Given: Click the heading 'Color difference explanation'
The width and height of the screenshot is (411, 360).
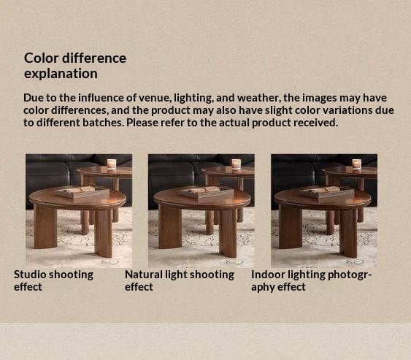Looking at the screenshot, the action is (x=75, y=66).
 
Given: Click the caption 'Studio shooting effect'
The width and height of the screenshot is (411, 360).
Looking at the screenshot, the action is (x=53, y=280).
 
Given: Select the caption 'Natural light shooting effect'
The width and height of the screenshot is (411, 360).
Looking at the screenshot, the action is (x=180, y=280).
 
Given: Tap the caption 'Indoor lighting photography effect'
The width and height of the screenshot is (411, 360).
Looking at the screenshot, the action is (x=312, y=280).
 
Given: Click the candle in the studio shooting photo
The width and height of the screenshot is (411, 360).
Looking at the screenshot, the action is (x=112, y=164).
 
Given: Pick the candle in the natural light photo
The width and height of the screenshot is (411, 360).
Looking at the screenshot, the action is (x=236, y=164).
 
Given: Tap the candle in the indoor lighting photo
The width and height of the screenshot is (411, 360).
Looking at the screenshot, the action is (x=356, y=164).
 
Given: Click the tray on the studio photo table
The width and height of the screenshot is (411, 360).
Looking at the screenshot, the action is (x=82, y=193).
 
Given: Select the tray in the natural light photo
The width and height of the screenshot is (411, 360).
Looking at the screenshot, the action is (x=207, y=193).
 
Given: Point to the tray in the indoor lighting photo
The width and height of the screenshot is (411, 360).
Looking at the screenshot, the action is (x=327, y=193).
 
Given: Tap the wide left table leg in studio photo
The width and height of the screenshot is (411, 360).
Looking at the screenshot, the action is (x=45, y=227).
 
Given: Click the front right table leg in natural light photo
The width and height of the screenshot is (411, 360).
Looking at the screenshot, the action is (x=228, y=234).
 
